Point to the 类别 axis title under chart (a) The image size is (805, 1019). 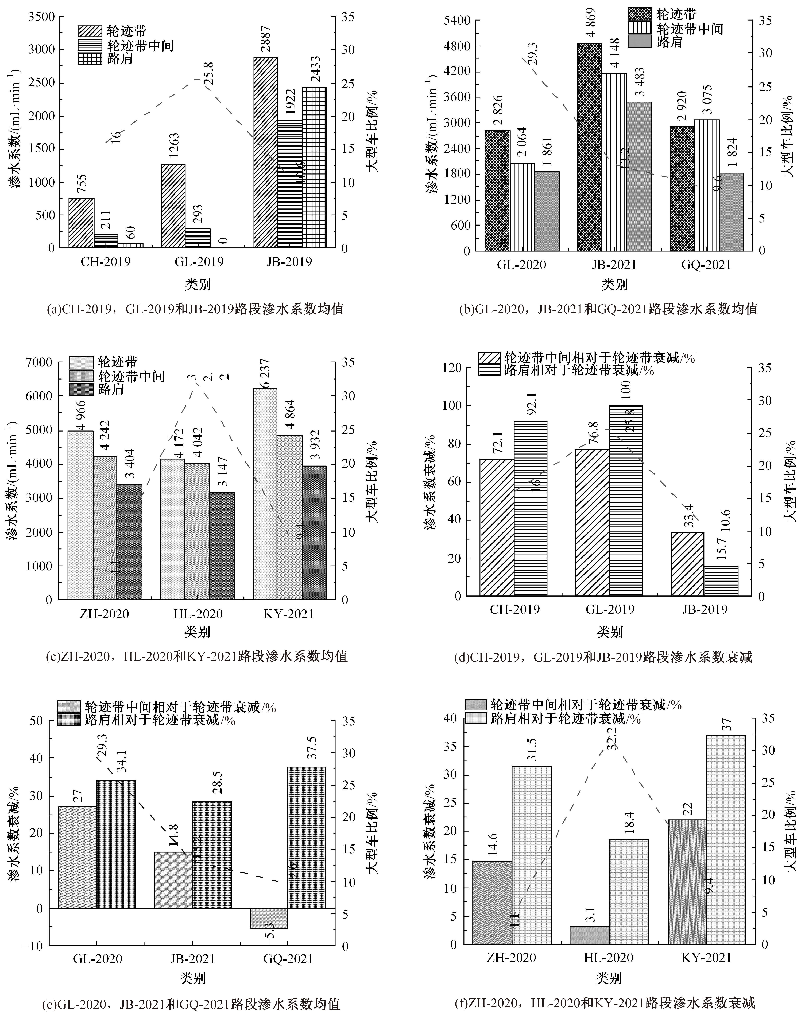click(x=198, y=284)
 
